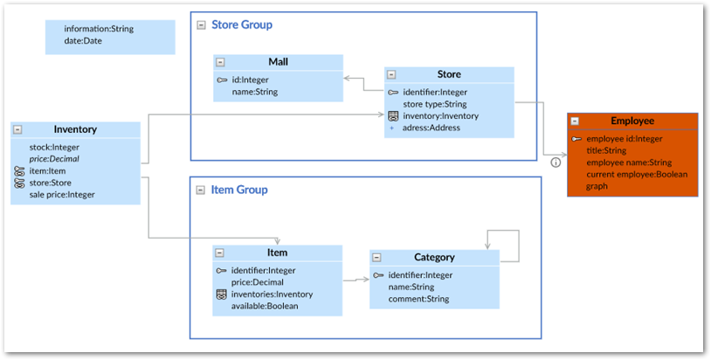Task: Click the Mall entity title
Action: click(x=278, y=62)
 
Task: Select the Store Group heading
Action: click(x=241, y=24)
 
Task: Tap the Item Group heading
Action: click(x=239, y=190)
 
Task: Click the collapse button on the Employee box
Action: click(x=575, y=121)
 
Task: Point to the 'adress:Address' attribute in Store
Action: click(x=431, y=128)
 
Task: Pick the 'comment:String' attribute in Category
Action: click(x=418, y=299)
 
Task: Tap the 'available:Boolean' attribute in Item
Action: click(x=265, y=306)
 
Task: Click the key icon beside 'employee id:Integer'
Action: click(x=576, y=139)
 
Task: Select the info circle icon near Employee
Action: click(x=555, y=162)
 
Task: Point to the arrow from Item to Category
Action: click(x=355, y=280)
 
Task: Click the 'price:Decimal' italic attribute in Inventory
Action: click(x=54, y=159)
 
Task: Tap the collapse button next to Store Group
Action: click(x=201, y=25)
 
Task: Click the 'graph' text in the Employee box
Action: click(x=597, y=185)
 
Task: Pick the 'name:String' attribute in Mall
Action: click(x=255, y=91)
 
